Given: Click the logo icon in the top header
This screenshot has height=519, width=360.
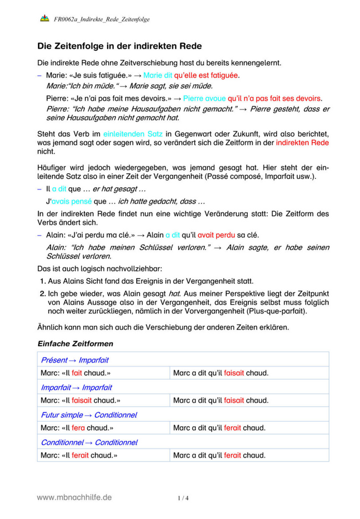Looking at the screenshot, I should coord(45,19).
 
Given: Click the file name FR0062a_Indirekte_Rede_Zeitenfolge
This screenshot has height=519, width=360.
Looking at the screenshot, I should coord(102,20).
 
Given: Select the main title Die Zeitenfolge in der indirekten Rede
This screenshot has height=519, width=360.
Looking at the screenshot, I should coord(119,46).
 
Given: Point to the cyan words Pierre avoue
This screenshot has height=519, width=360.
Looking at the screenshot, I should coord(204,98).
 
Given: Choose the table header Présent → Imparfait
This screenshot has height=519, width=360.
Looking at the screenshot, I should coord(75,359).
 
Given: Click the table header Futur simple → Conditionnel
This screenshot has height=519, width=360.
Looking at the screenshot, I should coord(89,415).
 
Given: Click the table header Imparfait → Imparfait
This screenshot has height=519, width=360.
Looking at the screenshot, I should coord(76,387).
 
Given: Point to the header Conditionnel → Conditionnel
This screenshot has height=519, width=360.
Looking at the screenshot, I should coord(89,442).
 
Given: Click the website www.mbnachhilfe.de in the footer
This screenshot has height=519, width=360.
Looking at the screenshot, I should coord(74,497).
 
